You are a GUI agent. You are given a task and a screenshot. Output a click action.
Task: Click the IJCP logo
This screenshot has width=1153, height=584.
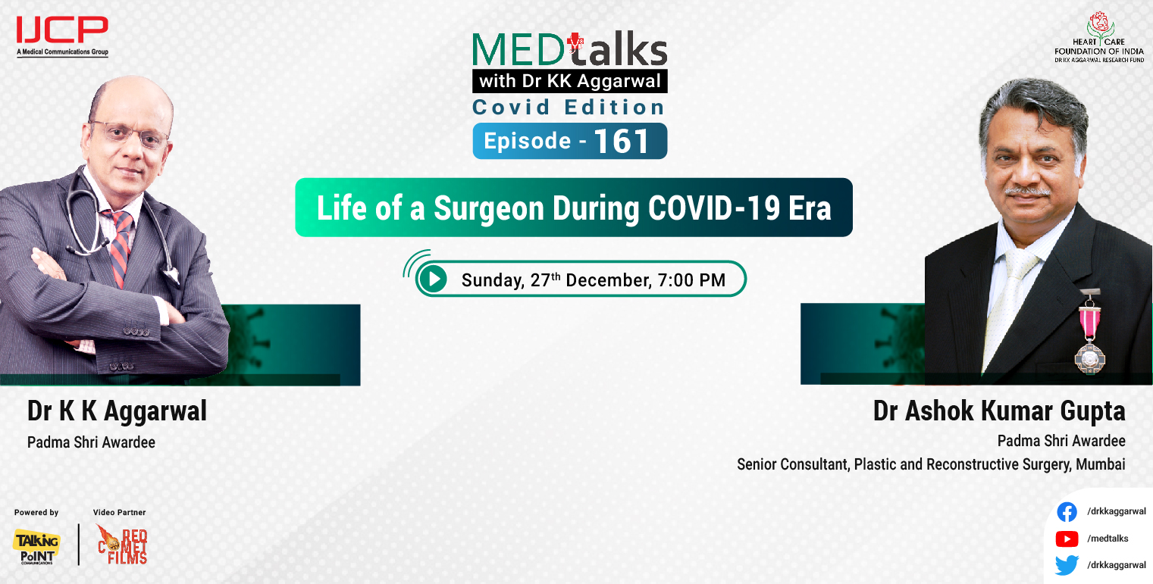pos(62,33)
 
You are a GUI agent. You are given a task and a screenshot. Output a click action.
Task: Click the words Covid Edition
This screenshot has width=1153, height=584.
pos(569,107)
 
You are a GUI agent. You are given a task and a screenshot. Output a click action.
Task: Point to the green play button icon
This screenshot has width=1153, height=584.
pos(434,280)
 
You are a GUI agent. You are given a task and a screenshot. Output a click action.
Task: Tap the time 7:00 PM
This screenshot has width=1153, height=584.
pos(691,280)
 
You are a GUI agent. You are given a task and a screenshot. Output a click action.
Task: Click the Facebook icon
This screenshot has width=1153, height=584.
pos(1067,512)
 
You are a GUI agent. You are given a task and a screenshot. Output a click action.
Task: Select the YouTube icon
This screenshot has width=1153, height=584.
pos(1067,539)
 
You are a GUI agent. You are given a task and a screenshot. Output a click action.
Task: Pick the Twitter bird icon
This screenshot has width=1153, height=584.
pos(1067,565)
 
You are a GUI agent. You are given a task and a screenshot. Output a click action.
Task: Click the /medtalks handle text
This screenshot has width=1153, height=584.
pos(1108,539)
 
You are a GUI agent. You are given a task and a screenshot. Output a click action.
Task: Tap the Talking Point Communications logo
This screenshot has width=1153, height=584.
pos(36,545)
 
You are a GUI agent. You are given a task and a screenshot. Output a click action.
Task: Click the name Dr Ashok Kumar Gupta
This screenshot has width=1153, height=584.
pos(998,411)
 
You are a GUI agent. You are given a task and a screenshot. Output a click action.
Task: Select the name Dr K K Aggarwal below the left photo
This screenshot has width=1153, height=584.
pos(117,411)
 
